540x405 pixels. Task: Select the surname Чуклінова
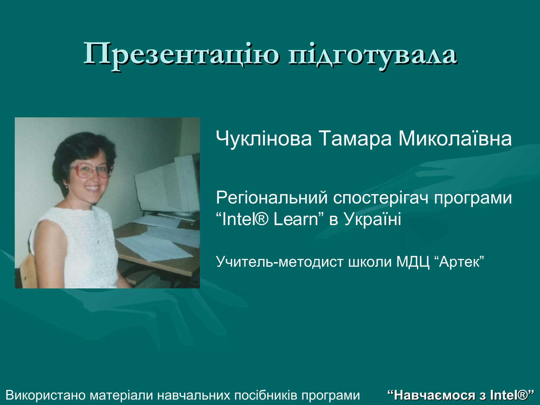point(264,139)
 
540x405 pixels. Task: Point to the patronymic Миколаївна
point(455,139)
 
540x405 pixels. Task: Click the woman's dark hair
point(79,148)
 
